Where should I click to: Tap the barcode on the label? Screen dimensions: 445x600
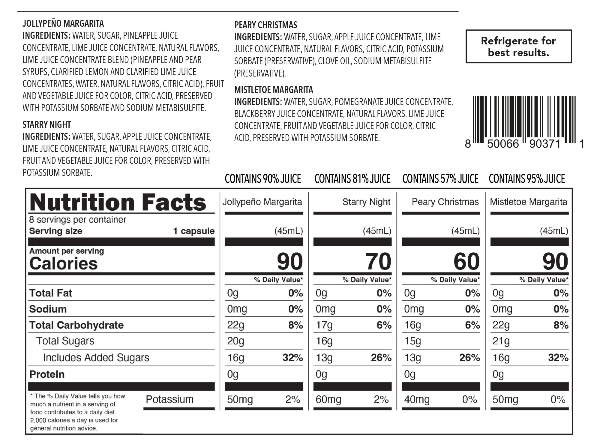524,120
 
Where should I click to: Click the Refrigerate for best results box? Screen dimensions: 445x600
518,47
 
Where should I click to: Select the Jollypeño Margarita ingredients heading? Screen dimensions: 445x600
63,23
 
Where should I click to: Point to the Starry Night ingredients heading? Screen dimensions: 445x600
47,125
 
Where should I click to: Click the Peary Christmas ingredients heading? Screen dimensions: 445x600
265,25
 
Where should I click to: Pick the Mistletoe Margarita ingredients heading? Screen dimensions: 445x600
274,90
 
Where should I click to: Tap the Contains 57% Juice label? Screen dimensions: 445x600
440,179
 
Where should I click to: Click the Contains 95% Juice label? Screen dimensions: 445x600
527,179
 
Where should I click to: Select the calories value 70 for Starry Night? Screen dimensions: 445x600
378,262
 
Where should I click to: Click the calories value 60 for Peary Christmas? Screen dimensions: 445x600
466,262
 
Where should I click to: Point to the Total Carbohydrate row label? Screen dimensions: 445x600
76,325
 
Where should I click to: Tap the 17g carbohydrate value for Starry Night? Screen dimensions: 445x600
324,325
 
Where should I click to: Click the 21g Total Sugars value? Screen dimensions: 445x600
501,341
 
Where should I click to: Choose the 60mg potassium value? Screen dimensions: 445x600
328,400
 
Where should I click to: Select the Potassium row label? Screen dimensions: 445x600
169,399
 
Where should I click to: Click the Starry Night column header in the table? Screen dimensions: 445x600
366,202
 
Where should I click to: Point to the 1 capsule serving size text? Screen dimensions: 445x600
194,231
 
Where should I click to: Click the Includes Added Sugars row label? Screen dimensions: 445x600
96,358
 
